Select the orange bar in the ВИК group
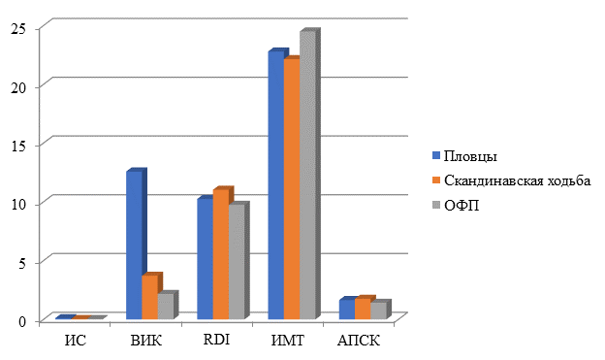tap(151, 296)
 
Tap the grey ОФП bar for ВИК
tap(168, 305)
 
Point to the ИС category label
tap(76, 341)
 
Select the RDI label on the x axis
tap(216, 340)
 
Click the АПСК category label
tap(359, 341)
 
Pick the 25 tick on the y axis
tap(18, 28)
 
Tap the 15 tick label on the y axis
tap(18, 146)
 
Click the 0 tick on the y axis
tap(22, 321)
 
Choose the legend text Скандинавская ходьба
tap(517, 180)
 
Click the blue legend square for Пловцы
tap(436, 156)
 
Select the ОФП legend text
tap(462, 206)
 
